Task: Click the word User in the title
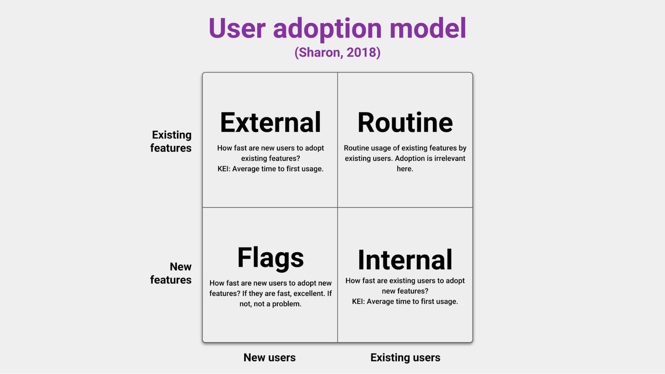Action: click(x=237, y=28)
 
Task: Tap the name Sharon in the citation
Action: click(x=319, y=53)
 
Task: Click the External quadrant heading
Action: click(x=270, y=122)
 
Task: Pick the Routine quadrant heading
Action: click(x=405, y=122)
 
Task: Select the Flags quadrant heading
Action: click(x=270, y=258)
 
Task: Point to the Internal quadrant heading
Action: click(x=405, y=260)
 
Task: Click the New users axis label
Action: click(x=269, y=357)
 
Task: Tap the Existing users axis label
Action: click(x=405, y=357)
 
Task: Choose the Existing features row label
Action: click(x=171, y=141)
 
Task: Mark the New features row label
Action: click(x=171, y=273)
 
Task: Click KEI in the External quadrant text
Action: click(x=223, y=169)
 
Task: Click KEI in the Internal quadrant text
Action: click(x=358, y=302)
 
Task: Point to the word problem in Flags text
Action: click(x=286, y=304)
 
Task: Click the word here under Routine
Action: click(x=404, y=169)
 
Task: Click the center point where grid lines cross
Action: click(x=337, y=207)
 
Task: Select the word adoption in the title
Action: click(x=327, y=28)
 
